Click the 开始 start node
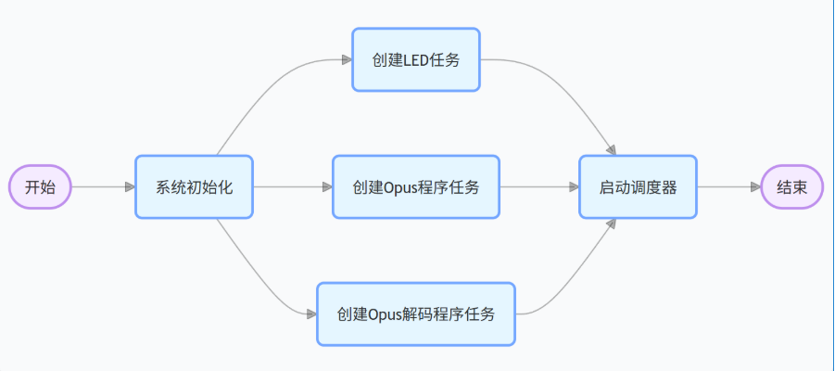40,187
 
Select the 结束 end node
791,187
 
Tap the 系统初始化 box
194,187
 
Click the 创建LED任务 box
416,59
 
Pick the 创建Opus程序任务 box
416,187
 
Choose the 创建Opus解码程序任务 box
416,314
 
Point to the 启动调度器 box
638,187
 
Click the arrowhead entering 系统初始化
130,187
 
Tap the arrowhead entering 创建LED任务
347,59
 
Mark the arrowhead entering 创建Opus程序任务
327,187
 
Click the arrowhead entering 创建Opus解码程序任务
311,314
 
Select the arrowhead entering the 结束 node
754,187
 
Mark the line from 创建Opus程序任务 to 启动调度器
538,187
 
